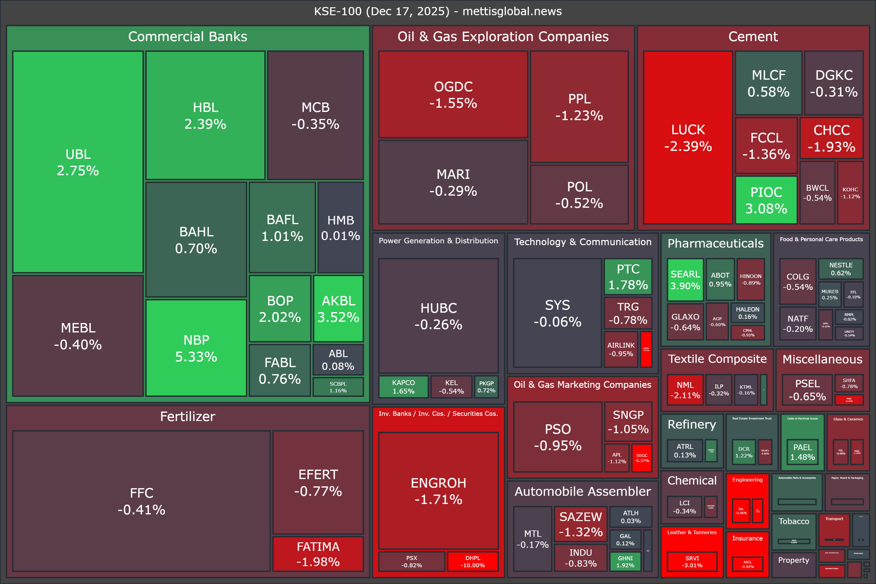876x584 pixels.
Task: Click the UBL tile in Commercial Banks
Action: pyautogui.click(x=78, y=162)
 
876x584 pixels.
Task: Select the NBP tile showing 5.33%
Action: pyautogui.click(x=196, y=348)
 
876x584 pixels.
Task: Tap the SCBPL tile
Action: pyautogui.click(x=338, y=387)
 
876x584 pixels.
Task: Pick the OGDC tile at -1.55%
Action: pyautogui.click(x=453, y=95)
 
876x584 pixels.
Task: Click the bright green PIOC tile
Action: pyautogui.click(x=766, y=200)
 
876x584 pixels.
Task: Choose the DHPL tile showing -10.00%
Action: pyautogui.click(x=473, y=561)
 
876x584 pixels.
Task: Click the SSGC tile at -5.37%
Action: pyautogui.click(x=642, y=458)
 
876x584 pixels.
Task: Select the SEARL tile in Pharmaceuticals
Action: pyautogui.click(x=685, y=280)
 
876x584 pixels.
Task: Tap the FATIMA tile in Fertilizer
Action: pyautogui.click(x=318, y=554)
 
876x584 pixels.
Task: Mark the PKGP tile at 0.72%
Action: pyautogui.click(x=486, y=387)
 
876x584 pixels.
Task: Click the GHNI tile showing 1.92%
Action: pyautogui.click(x=625, y=561)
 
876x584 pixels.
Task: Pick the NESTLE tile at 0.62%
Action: pyautogui.click(x=841, y=269)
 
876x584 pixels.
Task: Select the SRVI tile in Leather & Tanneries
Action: pyautogui.click(x=692, y=561)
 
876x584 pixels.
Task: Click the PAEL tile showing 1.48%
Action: pyautogui.click(x=802, y=452)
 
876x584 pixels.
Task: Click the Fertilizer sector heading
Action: pyautogui.click(x=187, y=416)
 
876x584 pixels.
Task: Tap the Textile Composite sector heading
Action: pyautogui.click(x=717, y=359)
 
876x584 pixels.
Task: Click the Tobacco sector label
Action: pyautogui.click(x=794, y=521)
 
